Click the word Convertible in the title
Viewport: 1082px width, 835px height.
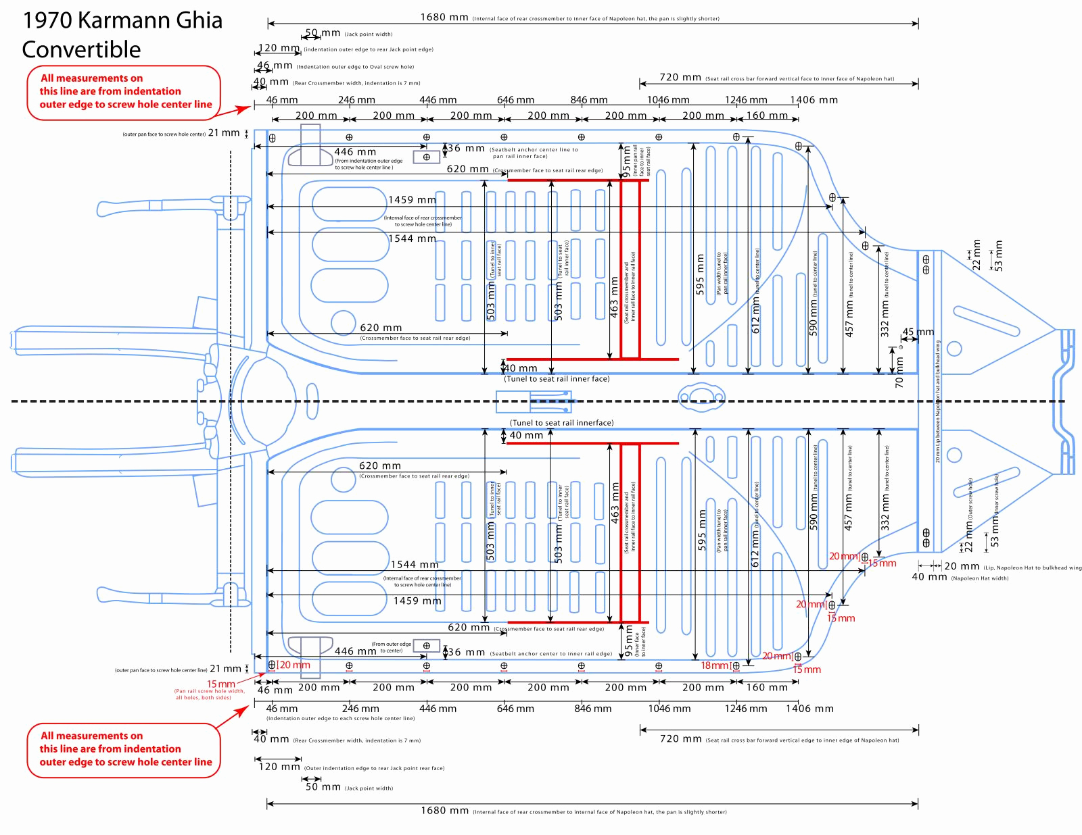click(81, 49)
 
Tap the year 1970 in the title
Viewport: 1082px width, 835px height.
click(47, 20)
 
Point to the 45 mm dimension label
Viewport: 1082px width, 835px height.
click(918, 332)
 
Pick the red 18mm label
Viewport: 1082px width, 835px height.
click(714, 665)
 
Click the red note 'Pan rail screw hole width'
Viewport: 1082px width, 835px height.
click(209, 694)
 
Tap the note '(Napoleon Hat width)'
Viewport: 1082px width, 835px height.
click(979, 578)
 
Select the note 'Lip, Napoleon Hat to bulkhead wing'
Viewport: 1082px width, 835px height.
click(1033, 567)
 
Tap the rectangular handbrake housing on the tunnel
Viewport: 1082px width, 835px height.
click(534, 401)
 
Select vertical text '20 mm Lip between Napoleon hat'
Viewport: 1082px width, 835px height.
click(938, 402)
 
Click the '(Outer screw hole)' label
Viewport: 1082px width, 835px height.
click(970, 498)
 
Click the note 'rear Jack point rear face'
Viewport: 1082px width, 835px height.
click(374, 768)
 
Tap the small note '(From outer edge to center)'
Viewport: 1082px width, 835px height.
click(392, 647)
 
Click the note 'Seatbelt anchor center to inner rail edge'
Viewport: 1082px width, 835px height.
click(550, 654)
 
